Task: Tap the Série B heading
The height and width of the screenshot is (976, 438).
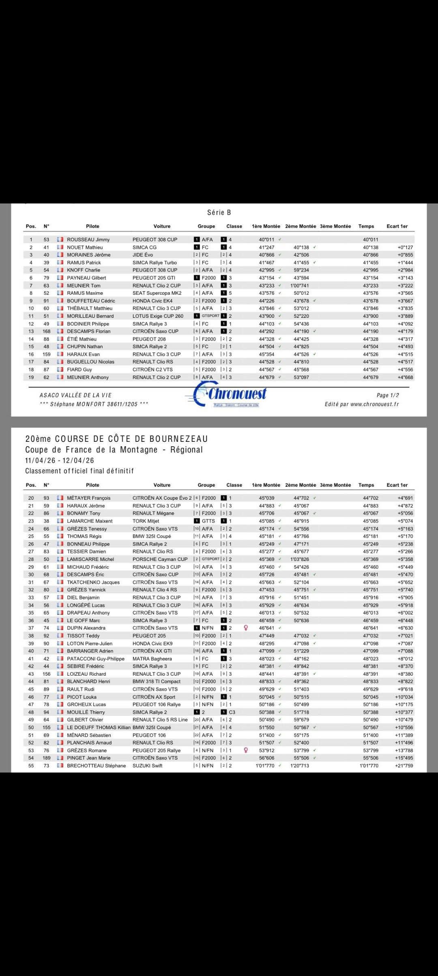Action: [x=219, y=212]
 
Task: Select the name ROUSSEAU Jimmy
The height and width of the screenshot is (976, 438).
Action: [x=88, y=240]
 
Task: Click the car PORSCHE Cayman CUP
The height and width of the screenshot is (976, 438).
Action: [x=160, y=559]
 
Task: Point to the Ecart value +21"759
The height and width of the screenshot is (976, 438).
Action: [x=404, y=766]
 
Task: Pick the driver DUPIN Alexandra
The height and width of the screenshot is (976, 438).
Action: [x=86, y=628]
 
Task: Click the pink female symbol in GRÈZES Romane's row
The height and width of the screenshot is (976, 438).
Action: [x=246, y=750]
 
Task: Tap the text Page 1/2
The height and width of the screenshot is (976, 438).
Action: [x=388, y=395]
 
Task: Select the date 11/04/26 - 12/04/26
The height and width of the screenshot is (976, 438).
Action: [x=60, y=460]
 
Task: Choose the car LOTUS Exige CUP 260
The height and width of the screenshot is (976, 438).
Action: [x=158, y=316]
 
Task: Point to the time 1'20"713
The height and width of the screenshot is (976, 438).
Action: [x=300, y=766]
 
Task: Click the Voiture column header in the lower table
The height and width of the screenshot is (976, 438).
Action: [x=162, y=485]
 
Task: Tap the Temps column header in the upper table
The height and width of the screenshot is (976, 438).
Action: [x=366, y=226]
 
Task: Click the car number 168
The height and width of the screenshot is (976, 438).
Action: [x=46, y=331]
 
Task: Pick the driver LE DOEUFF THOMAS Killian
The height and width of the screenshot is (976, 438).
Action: [x=99, y=728]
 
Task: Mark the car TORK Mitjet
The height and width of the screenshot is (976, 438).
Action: [x=146, y=521]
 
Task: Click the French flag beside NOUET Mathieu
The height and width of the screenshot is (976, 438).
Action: [x=60, y=247]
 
